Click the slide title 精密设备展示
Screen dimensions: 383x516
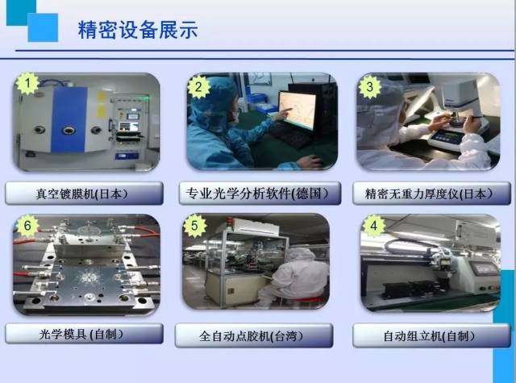click(138, 30)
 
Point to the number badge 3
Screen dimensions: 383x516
click(369, 85)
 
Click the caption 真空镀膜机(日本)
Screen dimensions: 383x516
click(83, 194)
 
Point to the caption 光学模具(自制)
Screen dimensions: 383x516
click(83, 333)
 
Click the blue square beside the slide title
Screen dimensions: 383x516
click(43, 27)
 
